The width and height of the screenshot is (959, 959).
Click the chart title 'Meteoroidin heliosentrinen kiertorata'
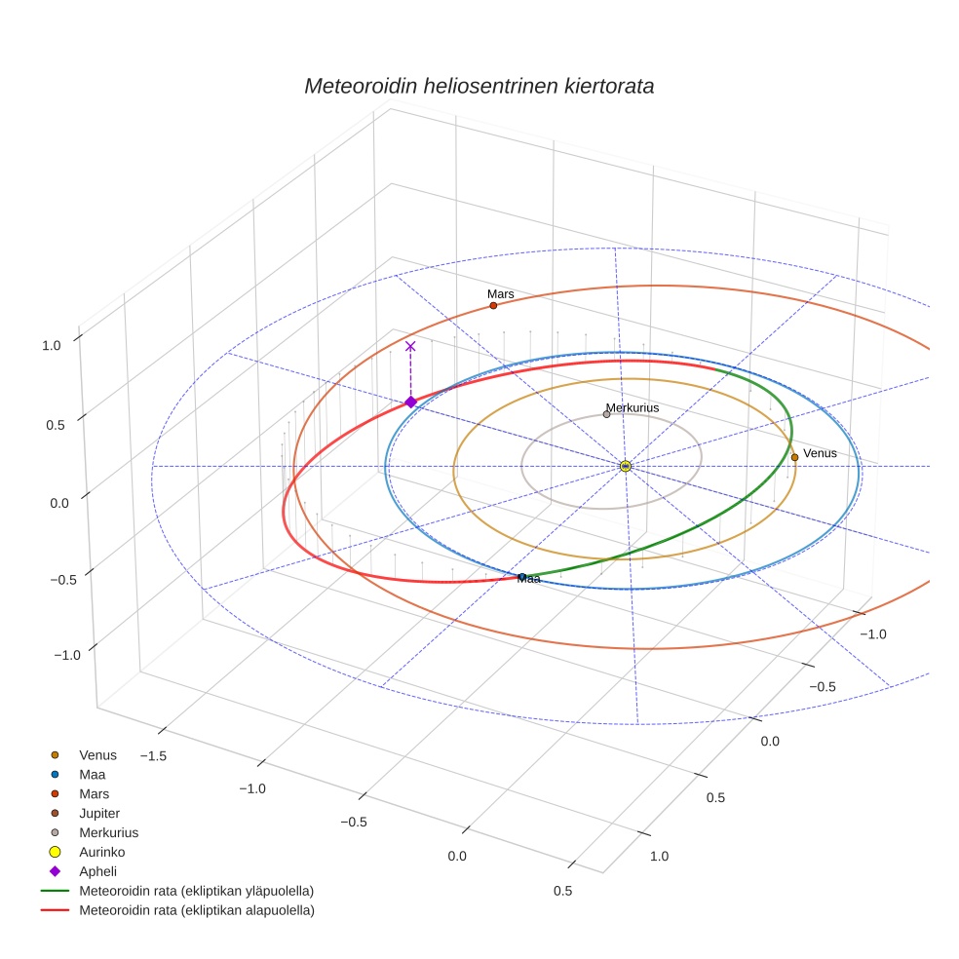pos(479,86)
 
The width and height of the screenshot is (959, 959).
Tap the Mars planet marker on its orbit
pos(493,305)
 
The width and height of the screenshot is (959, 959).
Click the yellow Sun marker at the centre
pos(626,467)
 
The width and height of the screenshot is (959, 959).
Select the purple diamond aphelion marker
pos(410,402)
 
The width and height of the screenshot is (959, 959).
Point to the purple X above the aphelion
pos(410,346)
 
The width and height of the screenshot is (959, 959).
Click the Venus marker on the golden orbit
pos(794,457)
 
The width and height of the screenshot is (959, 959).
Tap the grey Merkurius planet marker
pos(606,414)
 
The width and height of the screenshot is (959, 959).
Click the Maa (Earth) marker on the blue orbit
pos(521,577)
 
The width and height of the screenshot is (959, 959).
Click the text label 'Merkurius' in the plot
pos(633,407)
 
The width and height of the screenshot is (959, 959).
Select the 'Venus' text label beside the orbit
pos(820,453)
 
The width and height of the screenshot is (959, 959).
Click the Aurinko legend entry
pos(101,852)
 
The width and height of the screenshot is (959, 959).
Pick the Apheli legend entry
pos(97,871)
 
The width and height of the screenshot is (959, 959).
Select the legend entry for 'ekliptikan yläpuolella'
pos(196,891)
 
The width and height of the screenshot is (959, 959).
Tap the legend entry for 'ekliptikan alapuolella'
pos(196,910)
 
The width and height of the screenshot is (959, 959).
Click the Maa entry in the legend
pos(93,774)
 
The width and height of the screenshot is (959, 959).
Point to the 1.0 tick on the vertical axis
pos(52,344)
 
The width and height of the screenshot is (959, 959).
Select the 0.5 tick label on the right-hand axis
pos(714,798)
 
